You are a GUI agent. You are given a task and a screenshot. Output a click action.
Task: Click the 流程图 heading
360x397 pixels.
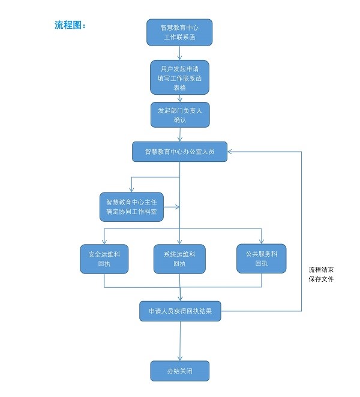click(70, 25)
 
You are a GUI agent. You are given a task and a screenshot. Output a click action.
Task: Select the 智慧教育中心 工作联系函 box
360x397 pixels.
click(179, 32)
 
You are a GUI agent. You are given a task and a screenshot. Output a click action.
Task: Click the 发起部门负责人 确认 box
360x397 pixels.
click(180, 115)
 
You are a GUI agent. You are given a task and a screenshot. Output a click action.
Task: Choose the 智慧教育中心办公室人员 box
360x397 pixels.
click(179, 152)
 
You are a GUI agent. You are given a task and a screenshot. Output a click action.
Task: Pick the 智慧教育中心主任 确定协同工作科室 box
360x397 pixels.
click(131, 207)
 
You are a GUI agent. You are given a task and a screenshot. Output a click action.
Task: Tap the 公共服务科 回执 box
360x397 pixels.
click(261, 258)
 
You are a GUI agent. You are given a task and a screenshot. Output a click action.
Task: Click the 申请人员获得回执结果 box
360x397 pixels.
click(180, 311)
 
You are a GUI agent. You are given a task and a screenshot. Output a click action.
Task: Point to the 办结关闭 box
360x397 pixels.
click(179, 371)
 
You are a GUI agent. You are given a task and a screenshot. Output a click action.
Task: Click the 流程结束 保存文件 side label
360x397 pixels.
click(321, 274)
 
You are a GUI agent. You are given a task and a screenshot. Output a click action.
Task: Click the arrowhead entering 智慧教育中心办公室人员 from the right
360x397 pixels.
click(230, 152)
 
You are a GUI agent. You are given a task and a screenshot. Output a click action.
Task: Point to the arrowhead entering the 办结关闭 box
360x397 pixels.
click(179, 358)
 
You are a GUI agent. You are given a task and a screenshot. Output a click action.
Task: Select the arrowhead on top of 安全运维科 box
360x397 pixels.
click(104, 242)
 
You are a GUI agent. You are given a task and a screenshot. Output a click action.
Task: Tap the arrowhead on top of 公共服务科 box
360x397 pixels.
click(261, 241)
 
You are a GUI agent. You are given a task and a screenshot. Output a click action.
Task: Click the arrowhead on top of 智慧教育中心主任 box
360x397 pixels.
click(131, 190)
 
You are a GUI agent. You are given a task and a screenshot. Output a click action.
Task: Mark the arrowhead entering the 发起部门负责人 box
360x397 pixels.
click(180, 100)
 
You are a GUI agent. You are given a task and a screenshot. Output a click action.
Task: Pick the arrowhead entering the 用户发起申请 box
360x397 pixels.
click(179, 57)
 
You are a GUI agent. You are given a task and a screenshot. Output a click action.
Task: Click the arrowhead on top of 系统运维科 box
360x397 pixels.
click(179, 242)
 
